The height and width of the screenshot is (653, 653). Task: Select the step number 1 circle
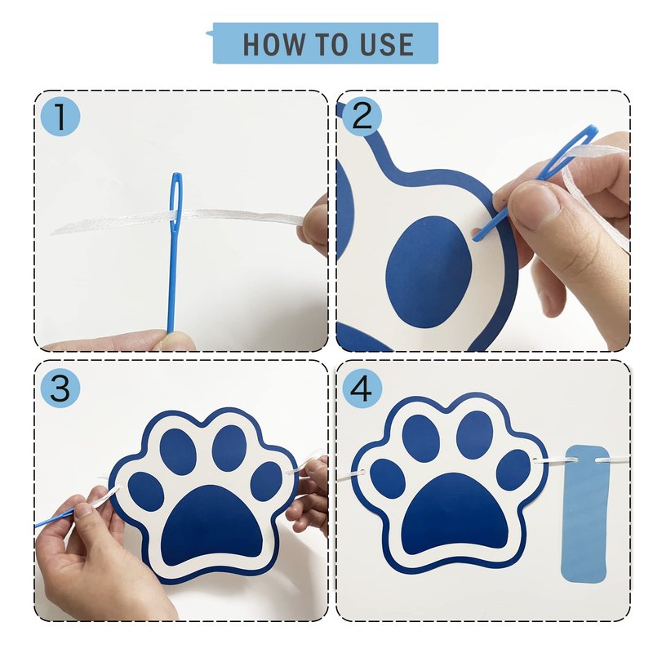[60, 117]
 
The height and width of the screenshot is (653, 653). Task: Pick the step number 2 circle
[362, 117]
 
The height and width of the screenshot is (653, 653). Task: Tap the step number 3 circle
[60, 389]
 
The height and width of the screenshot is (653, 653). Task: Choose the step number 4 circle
[362, 389]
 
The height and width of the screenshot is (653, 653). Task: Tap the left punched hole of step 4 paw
[362, 473]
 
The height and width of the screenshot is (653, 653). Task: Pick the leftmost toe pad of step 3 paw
[145, 491]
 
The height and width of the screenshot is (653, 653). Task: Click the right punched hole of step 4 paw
[535, 460]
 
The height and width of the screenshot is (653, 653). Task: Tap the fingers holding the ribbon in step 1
[313, 225]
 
